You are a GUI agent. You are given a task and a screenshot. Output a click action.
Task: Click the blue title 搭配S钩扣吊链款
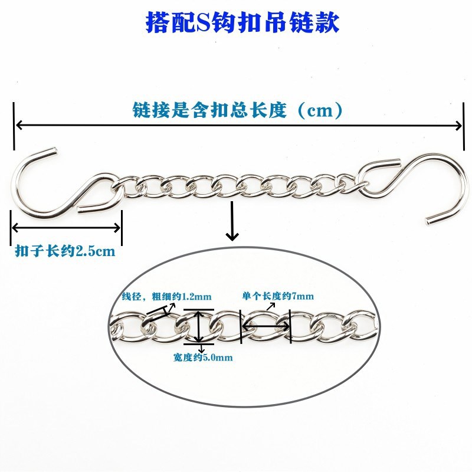coord(242,22)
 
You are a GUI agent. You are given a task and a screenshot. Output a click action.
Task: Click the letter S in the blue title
coord(204,22)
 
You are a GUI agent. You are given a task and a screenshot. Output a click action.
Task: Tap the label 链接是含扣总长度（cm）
coord(238,110)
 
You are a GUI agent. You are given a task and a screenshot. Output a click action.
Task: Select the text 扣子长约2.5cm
coord(65,251)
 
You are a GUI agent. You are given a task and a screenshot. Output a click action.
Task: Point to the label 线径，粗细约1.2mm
coord(166,297)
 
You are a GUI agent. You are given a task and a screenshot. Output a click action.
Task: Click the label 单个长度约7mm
coord(278,296)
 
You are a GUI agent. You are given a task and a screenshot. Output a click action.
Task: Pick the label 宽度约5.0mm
coord(203,358)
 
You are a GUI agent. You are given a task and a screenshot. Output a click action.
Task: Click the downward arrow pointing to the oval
coord(232,221)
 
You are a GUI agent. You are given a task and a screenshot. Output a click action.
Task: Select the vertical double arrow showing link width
coord(198,327)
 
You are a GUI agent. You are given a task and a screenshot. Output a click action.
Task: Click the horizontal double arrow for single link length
coord(265,326)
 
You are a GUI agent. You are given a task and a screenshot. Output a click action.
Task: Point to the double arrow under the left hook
coord(66,228)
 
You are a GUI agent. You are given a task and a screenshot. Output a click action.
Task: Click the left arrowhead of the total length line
coord(19,125)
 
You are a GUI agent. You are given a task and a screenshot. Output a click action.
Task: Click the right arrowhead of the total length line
coord(458,126)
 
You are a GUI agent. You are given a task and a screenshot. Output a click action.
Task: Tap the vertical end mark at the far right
coord(464,126)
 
